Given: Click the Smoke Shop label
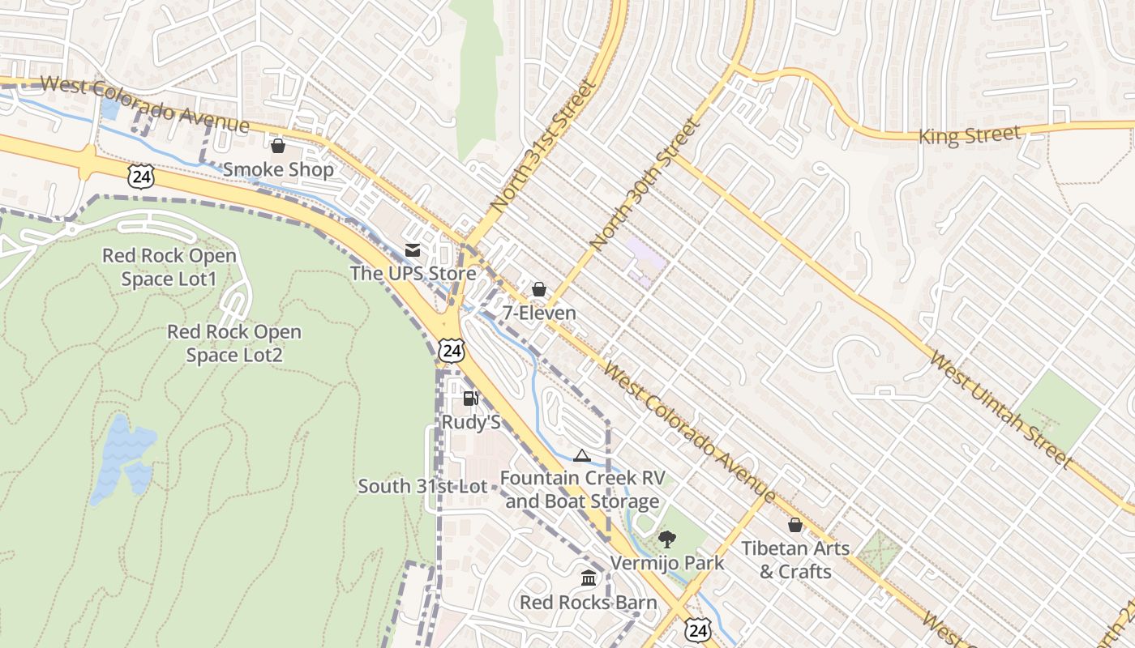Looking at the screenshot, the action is [278, 169].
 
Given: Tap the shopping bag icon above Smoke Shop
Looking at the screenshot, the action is [278, 146].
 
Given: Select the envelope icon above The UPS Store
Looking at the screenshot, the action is [413, 250].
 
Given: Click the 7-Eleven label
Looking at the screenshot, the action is [539, 313].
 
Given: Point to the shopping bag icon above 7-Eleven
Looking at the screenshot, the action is [538, 289].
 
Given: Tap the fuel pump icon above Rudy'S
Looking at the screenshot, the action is [470, 399].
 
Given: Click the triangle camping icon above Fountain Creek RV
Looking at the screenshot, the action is [580, 455].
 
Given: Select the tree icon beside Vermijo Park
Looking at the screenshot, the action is [667, 539].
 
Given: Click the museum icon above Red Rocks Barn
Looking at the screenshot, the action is [589, 578].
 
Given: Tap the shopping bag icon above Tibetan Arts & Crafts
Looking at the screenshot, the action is [794, 525].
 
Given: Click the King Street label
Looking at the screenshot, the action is [969, 135].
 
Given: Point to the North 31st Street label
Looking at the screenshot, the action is [543, 146].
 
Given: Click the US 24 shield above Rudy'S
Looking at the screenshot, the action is [452, 350].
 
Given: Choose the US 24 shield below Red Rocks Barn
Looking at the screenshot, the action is [699, 629].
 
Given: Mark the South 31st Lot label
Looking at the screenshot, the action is [422, 487].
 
